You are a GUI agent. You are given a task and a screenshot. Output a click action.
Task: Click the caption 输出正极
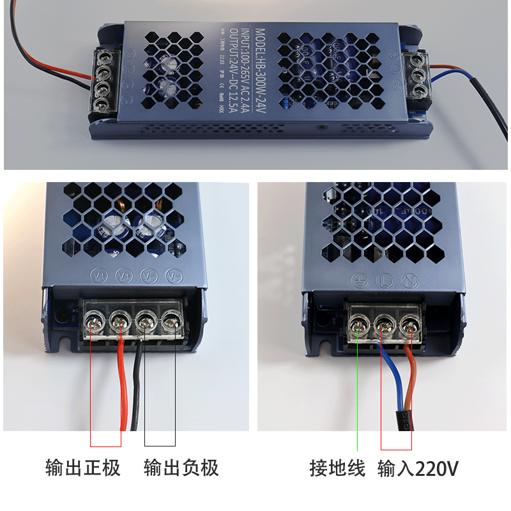pyautogui.click(x=83, y=468)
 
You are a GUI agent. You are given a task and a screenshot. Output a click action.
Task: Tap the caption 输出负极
pyautogui.click(x=181, y=468)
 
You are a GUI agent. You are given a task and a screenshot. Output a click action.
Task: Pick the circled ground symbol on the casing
pyautogui.click(x=358, y=280)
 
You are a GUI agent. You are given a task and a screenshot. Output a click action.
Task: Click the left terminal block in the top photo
pyautogui.click(x=101, y=82)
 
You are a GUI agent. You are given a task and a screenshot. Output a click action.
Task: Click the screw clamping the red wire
pyautogui.click(x=119, y=319)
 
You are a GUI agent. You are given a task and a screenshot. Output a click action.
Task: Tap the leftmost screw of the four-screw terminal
pyautogui.click(x=95, y=319)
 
